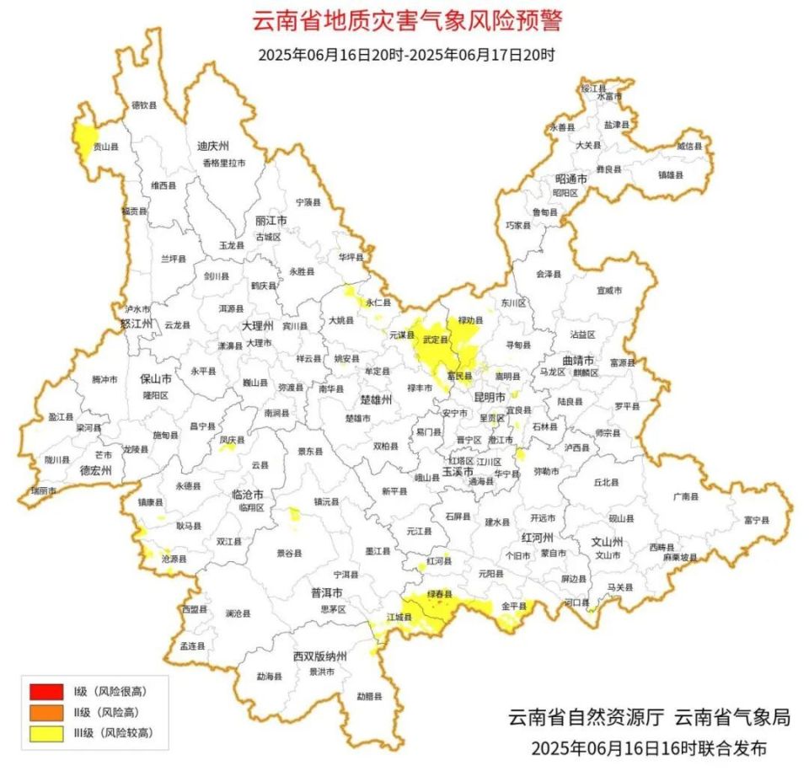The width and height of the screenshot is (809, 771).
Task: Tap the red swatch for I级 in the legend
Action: pyautogui.click(x=46, y=692)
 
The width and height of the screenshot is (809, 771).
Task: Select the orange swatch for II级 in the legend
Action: pyautogui.click(x=46, y=712)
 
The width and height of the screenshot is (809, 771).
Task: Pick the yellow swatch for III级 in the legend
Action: pyautogui.click(x=46, y=733)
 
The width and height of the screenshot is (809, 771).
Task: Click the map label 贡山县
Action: pyautogui.click(x=105, y=147)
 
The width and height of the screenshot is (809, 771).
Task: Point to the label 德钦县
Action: pyautogui.click(x=144, y=105)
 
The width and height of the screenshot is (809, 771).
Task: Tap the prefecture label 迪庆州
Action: pyautogui.click(x=213, y=146)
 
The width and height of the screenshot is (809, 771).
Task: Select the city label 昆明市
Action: pyautogui.click(x=489, y=396)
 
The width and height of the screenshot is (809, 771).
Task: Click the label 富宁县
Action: pyautogui.click(x=756, y=521)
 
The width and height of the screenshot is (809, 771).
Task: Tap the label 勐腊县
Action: pyautogui.click(x=368, y=696)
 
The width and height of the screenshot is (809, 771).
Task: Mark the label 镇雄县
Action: pyautogui.click(x=671, y=174)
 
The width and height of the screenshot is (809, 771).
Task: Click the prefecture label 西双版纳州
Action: pyautogui.click(x=320, y=656)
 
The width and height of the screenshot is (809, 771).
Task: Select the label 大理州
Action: pyautogui.click(x=257, y=325)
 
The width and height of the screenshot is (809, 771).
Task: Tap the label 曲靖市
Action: pyautogui.click(x=577, y=360)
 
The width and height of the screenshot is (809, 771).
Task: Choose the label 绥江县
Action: pyautogui.click(x=594, y=88)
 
